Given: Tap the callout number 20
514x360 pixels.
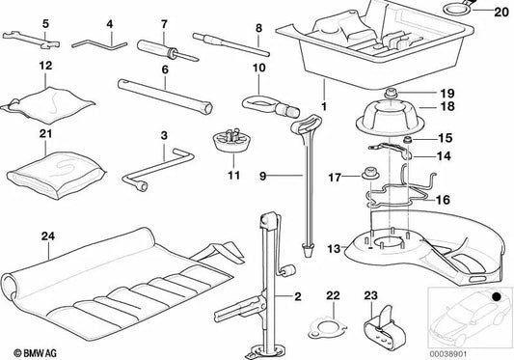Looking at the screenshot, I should [498, 13].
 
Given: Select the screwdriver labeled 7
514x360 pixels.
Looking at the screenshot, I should [164, 47].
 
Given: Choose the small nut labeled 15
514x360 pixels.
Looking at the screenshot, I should [409, 142].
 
